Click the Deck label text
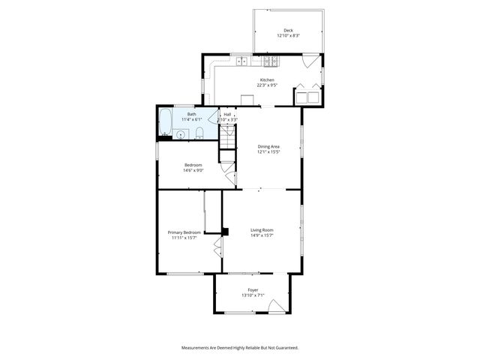click(288, 30)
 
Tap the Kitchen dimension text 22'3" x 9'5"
click(268, 85)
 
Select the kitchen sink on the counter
click(242, 60)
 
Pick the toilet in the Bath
click(200, 133)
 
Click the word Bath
click(192, 114)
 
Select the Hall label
click(227, 114)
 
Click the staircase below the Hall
click(227, 143)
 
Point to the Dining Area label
click(268, 147)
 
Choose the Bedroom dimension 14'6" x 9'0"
click(193, 170)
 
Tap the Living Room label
click(262, 229)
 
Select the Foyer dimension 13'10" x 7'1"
click(253, 295)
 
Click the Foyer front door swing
click(277, 305)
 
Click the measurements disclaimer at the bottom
click(240, 348)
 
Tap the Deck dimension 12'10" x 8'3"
click(288, 36)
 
